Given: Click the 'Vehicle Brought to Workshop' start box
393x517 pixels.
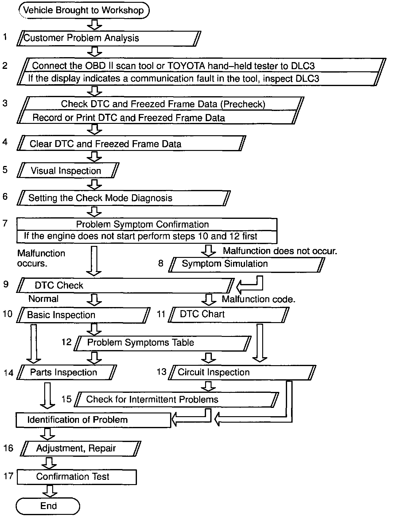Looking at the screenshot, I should [x=84, y=10].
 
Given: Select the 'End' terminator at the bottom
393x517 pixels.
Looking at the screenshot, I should [x=48, y=506].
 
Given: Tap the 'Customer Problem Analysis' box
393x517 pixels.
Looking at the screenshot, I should [x=109, y=38].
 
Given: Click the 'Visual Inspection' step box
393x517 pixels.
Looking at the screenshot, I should [x=68, y=171].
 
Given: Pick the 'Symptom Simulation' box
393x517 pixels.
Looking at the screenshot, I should [x=246, y=264].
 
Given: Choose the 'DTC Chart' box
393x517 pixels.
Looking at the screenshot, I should [x=228, y=314].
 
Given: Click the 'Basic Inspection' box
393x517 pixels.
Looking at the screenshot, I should [x=83, y=315].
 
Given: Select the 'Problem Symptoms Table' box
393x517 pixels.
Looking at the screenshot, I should [x=163, y=343].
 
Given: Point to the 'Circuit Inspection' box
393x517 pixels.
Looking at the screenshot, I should [x=243, y=373].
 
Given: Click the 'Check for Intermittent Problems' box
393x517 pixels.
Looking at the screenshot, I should [x=177, y=399].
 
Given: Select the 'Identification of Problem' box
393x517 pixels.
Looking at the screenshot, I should [x=93, y=420].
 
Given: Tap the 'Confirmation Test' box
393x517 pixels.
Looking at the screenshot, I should [x=76, y=477].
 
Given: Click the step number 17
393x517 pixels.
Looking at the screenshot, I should [x=9, y=476].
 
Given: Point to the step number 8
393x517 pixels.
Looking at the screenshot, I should [x=161, y=263].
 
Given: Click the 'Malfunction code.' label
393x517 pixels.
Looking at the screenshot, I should [x=259, y=299].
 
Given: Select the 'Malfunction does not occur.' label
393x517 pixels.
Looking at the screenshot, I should [x=280, y=251].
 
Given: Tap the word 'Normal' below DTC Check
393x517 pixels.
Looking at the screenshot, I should [x=43, y=299].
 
